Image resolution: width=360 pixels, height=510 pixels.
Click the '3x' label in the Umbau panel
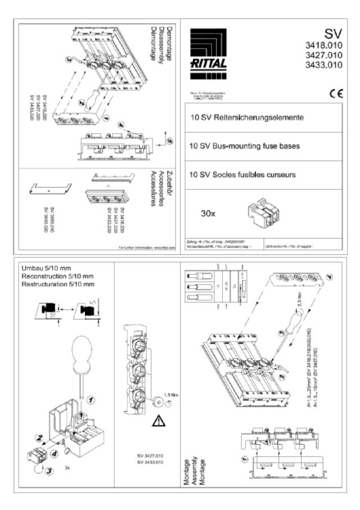[68, 467]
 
